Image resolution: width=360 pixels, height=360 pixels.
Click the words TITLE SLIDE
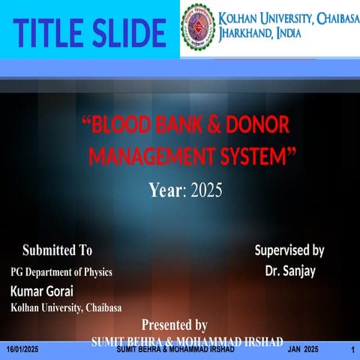[90, 32]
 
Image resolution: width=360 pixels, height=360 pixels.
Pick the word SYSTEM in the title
[262, 156]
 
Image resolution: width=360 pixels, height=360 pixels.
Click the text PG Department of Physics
[61, 272]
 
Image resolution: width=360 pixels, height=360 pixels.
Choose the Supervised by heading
[289, 250]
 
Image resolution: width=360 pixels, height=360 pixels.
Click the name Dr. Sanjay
[290, 270]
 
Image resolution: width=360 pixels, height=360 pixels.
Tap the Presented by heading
[174, 325]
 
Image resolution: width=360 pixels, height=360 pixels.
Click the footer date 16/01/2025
[22, 350]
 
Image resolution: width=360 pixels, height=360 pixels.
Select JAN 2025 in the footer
[303, 350]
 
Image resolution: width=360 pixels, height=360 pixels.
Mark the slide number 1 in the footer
[352, 350]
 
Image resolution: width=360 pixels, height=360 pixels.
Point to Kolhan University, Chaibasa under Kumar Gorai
[66, 307]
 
